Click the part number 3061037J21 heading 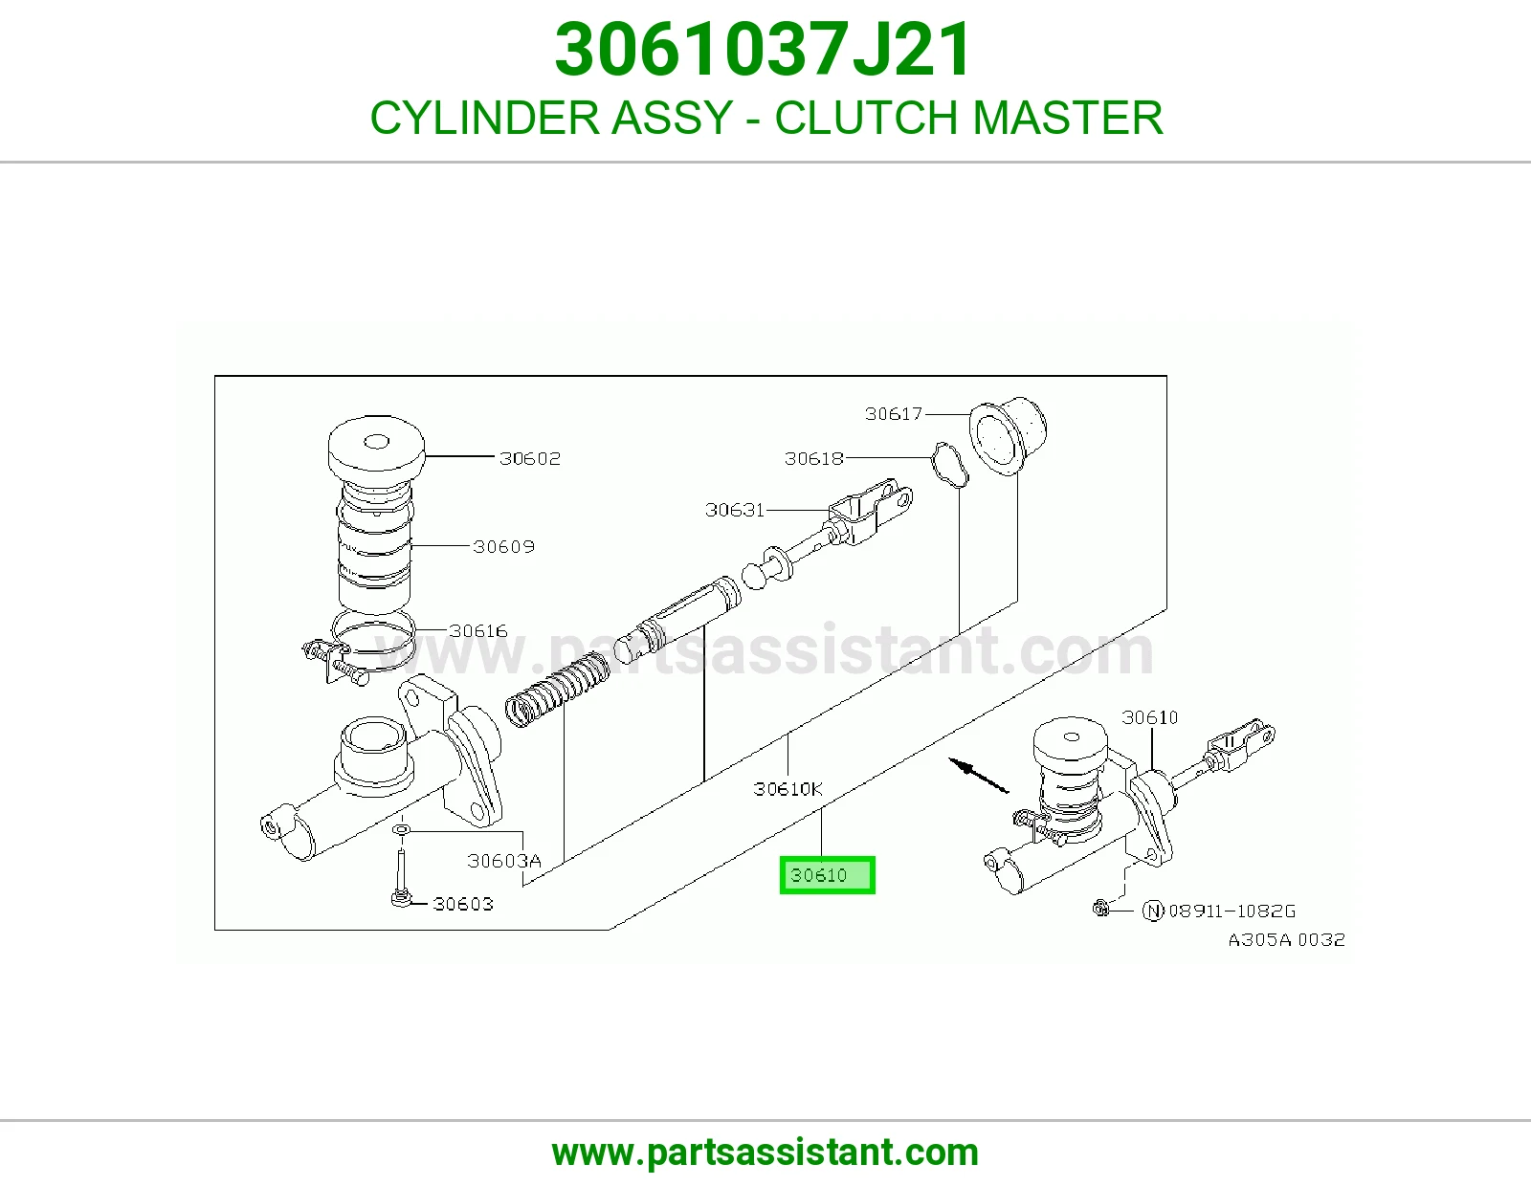763,50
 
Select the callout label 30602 530,458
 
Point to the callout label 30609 503,546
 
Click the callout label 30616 478,631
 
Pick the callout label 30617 894,414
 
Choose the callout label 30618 813,458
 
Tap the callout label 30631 735,510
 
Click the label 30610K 788,789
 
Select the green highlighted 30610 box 827,875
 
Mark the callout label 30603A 504,861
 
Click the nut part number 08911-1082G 1231,911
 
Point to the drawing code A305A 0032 1287,940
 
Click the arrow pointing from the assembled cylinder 979,776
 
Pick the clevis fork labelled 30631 871,511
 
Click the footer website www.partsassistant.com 765,1153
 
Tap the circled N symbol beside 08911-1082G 1153,911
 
